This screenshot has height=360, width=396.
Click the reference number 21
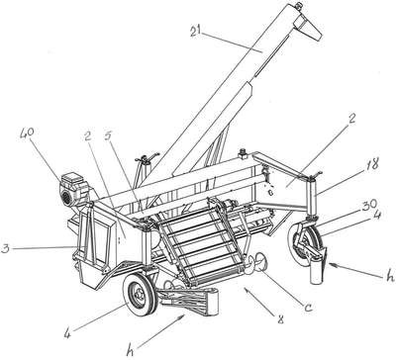196,31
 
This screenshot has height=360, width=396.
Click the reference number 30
370,205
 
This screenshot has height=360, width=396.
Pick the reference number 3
5,248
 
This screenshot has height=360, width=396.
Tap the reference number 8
281,318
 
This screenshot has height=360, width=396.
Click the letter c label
308,309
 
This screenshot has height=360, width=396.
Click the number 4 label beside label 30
376,216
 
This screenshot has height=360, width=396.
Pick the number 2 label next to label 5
87,135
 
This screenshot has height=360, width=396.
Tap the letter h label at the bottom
131,351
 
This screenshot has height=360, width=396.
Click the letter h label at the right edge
391,276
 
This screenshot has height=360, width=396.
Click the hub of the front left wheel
139,294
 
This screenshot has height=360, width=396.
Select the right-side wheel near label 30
302,245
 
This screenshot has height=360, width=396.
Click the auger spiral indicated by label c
255,261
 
